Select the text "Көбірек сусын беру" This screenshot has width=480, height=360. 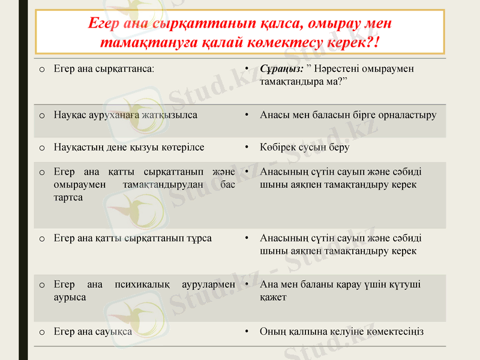pos(304,147)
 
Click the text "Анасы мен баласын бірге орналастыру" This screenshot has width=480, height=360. pos(348,115)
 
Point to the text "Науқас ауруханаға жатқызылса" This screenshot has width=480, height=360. pos(125,115)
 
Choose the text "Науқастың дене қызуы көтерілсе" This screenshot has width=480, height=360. pos(129,147)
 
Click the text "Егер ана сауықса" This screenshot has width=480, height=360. pos(93,331)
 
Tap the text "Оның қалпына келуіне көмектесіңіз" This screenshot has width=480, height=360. pos(341,331)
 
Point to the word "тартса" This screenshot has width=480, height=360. pos(68,197)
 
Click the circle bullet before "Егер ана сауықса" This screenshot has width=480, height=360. pos(41,332)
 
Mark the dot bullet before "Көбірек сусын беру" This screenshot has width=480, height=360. pos(247,147)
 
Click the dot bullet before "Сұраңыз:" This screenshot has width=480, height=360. pos(247,68)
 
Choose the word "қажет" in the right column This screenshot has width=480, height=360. pos(273,296)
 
